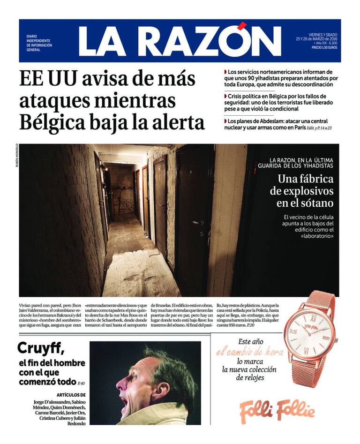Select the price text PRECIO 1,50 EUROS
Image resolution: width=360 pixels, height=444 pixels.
[x=324, y=47]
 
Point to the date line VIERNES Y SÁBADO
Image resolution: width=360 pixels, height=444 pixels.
[x=323, y=34]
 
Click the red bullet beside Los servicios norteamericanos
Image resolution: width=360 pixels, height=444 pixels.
[x=225, y=72]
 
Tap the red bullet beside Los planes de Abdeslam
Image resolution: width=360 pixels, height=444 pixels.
[x=225, y=120]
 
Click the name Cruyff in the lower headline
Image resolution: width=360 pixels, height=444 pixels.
[x=40, y=348]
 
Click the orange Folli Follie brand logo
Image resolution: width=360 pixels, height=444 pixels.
[x=277, y=411]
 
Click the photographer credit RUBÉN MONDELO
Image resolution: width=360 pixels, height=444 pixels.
[x=17, y=156]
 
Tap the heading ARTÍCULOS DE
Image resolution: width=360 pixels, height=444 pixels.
[x=70, y=395]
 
